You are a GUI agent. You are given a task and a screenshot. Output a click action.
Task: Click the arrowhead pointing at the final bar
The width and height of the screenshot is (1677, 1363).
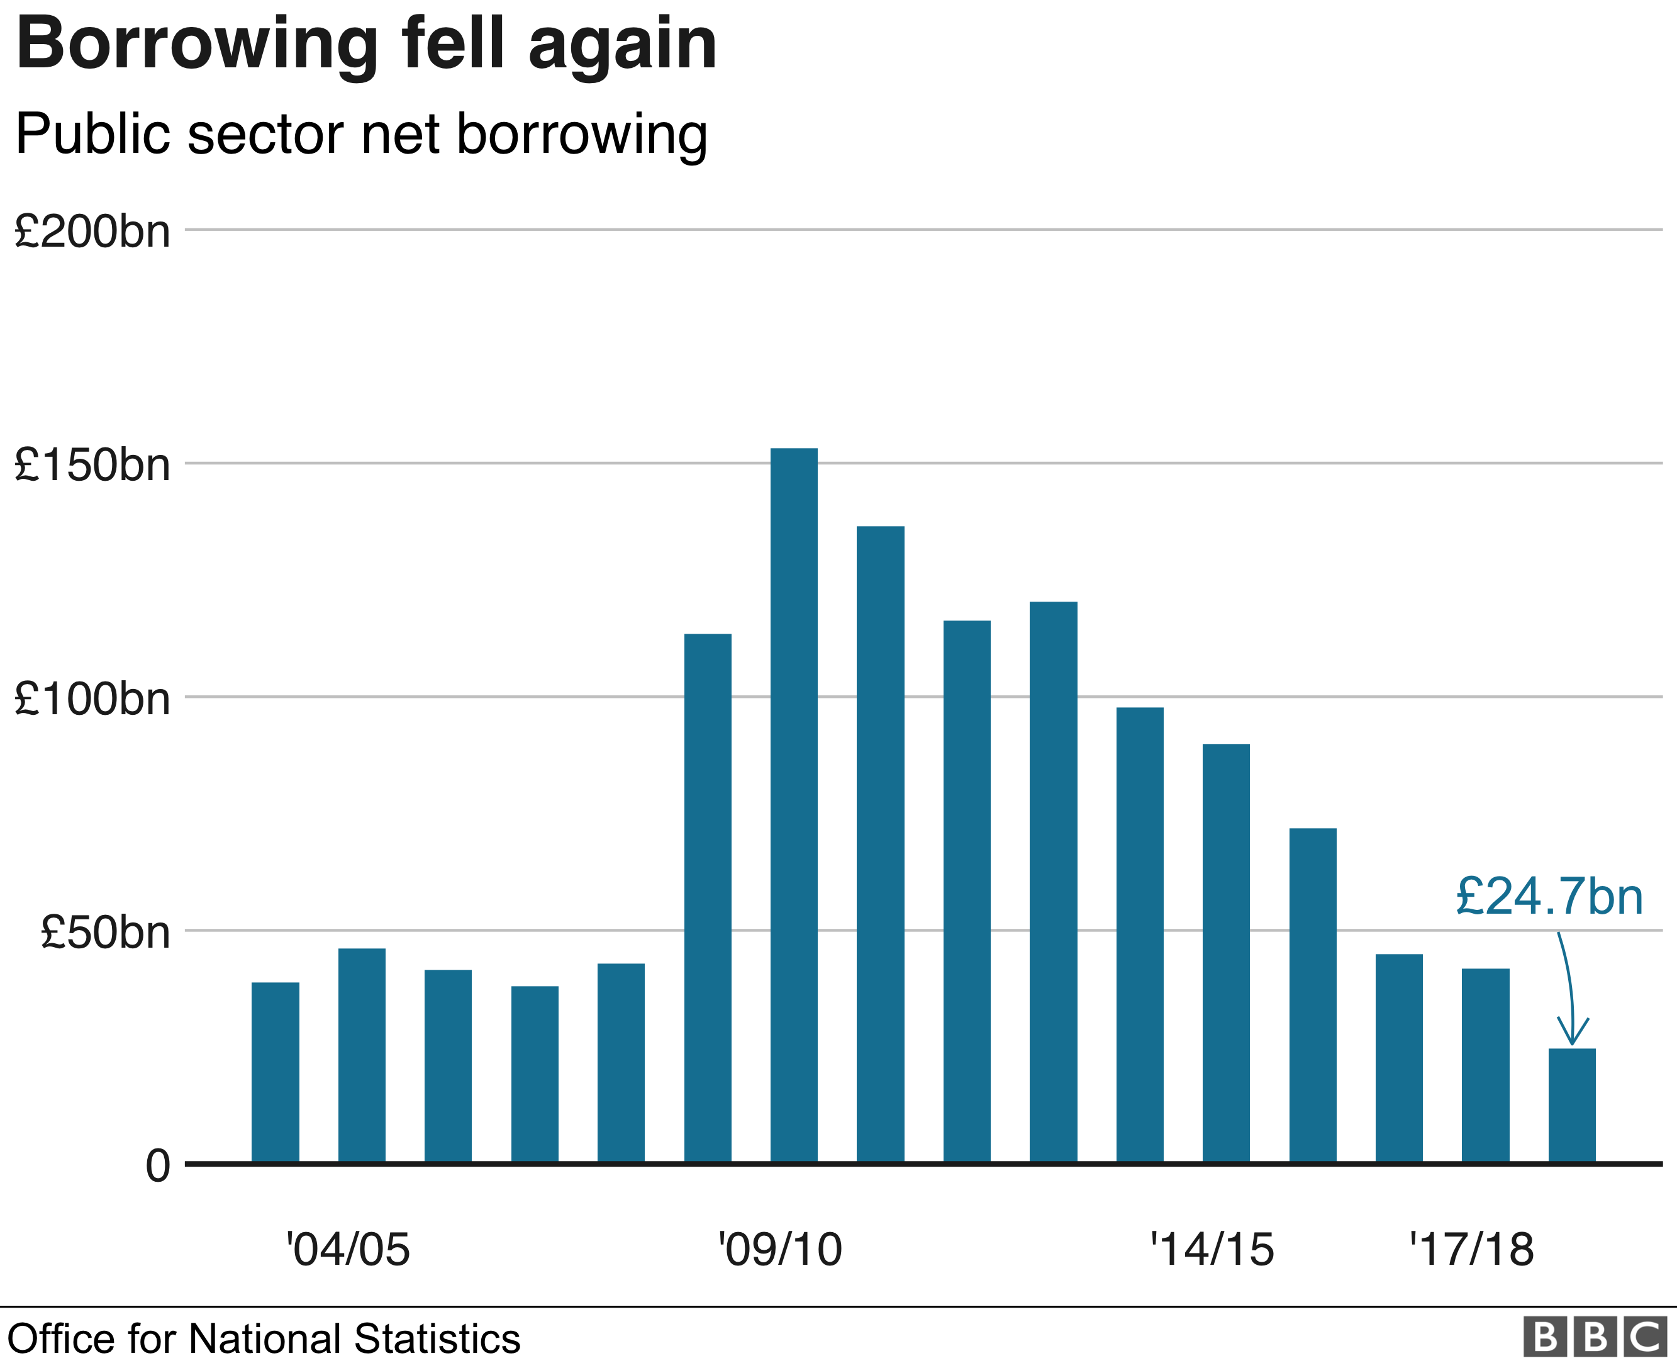[1572, 1035]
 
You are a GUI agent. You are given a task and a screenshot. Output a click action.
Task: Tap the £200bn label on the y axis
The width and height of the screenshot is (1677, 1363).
[92, 232]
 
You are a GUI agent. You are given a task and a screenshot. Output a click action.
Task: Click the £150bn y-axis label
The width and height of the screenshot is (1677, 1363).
[92, 465]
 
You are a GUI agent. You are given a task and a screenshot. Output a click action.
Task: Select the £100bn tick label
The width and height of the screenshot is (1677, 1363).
[92, 698]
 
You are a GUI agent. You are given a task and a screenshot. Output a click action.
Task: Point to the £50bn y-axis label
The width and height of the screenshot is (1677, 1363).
[104, 932]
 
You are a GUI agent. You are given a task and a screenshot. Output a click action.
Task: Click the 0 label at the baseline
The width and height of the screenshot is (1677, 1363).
[158, 1166]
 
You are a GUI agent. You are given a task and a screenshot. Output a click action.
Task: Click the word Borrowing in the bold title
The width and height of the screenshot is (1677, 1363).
[197, 45]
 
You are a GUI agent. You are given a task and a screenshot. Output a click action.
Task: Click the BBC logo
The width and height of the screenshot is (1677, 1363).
[1595, 1338]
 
